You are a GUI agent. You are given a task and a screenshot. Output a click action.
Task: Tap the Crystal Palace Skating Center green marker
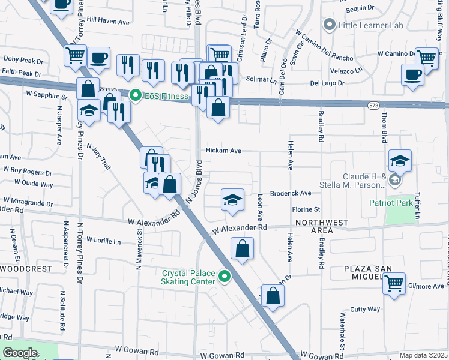224,276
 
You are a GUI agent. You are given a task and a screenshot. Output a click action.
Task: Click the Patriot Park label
391,203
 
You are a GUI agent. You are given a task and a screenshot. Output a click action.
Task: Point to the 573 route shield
373,105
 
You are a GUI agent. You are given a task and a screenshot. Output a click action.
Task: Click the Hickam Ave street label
223,151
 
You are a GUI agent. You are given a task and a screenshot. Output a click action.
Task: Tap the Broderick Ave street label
291,193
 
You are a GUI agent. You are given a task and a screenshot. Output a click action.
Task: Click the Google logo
19,353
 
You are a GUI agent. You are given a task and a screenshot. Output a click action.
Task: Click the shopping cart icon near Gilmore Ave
394,283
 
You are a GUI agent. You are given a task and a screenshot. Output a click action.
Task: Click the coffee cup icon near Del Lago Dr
412,74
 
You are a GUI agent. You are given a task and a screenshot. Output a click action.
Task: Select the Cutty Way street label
366,309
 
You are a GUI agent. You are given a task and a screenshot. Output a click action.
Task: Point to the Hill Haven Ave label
108,20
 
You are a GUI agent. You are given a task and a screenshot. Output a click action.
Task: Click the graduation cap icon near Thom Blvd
400,160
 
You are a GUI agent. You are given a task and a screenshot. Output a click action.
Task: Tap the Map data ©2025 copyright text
423,355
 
